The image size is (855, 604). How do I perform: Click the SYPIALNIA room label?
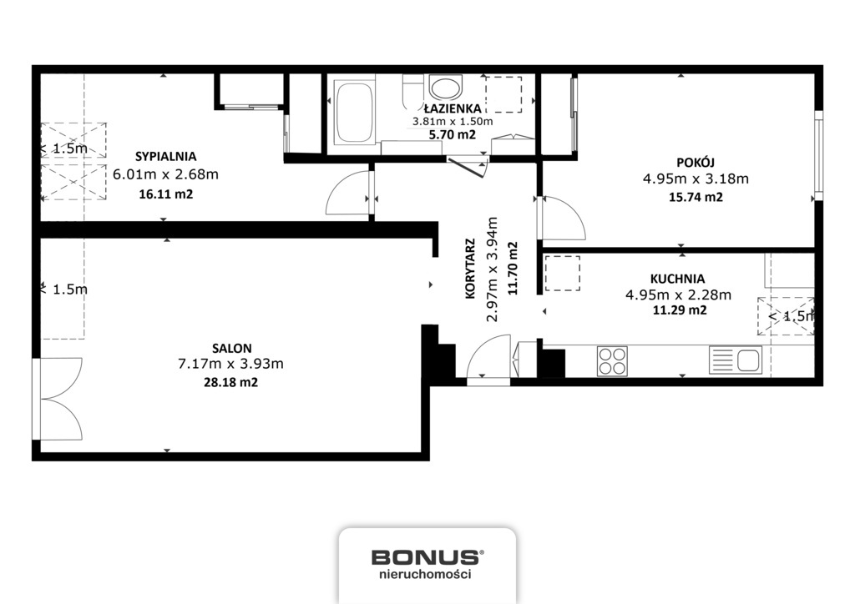pyautogui.click(x=166, y=157)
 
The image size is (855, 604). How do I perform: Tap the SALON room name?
pyautogui.click(x=232, y=348)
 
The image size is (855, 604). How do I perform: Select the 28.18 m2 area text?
pyautogui.click(x=230, y=382)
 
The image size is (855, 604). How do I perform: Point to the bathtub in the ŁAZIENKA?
pyautogui.click(x=354, y=112)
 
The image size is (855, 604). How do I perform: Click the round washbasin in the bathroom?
pyautogui.click(x=446, y=87)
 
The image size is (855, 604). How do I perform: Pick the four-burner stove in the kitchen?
pyautogui.click(x=612, y=361)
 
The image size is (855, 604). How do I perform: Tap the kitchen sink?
pyautogui.click(x=735, y=360)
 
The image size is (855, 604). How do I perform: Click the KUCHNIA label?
pyautogui.click(x=677, y=279)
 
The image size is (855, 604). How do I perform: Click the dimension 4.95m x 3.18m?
pyautogui.click(x=696, y=179)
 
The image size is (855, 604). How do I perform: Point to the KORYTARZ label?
pyautogui.click(x=470, y=269)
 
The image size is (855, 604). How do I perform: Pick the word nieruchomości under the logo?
pyautogui.click(x=425, y=574)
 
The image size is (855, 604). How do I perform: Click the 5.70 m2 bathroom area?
pyautogui.click(x=452, y=134)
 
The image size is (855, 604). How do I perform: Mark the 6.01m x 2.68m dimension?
pyautogui.click(x=166, y=174)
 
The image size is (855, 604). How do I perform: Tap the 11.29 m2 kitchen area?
pyautogui.click(x=680, y=310)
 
